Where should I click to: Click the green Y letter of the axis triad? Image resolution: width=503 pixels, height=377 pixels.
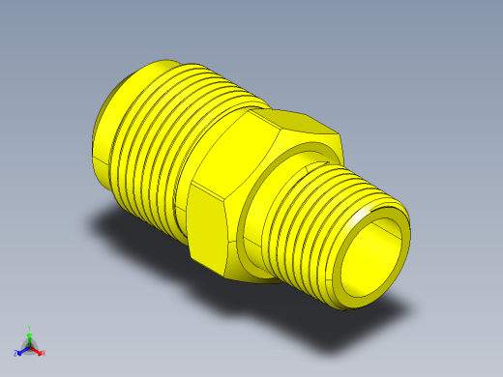click(x=30, y=329)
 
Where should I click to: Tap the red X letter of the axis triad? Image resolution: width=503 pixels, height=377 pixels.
click(x=44, y=353)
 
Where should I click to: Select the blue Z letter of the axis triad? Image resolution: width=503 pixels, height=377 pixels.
click(x=16, y=354)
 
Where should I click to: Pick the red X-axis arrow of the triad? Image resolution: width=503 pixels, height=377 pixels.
click(x=37, y=349)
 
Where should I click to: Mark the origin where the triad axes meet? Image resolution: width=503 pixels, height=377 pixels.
click(x=30, y=345)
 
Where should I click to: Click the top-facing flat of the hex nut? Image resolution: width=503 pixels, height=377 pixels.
click(x=295, y=124)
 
